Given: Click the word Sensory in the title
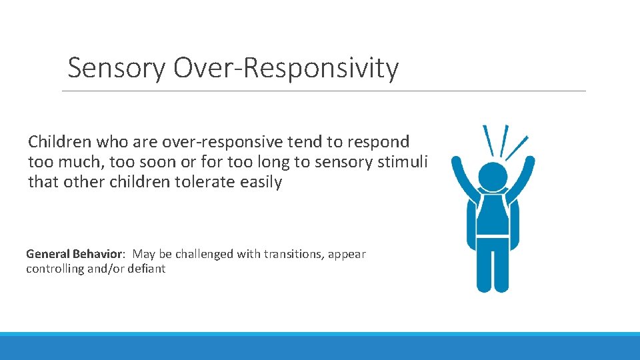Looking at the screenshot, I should point(116,68).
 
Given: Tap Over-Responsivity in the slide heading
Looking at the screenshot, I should point(286,68).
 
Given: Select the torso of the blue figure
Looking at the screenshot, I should point(493,217).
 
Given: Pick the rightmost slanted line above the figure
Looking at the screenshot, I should point(517,147).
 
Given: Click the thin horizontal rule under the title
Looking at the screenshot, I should point(324,91).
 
